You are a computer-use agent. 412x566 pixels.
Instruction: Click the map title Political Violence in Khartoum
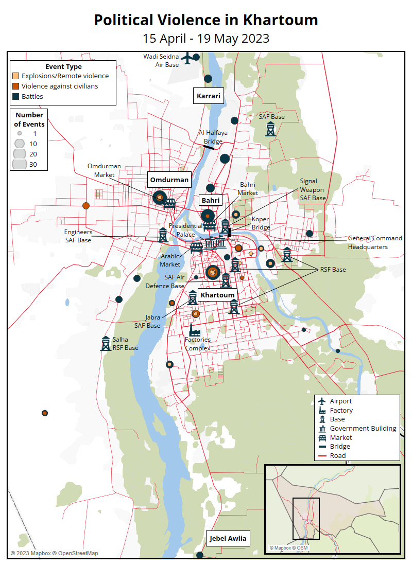coord(205,20)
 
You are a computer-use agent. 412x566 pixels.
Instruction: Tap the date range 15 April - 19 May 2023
coord(205,39)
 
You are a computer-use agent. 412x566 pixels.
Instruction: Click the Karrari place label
coord(209,96)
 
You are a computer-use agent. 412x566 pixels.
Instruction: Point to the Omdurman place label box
coord(169,180)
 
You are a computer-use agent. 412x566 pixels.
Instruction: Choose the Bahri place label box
coord(210,200)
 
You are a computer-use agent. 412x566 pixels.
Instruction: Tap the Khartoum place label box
coord(217,295)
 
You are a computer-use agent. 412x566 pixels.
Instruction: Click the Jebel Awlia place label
coord(228,539)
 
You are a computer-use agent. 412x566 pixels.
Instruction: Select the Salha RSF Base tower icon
coord(106,344)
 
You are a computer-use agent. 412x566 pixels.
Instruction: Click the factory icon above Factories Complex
coord(194,329)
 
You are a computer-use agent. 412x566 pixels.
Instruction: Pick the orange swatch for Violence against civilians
coord(16,86)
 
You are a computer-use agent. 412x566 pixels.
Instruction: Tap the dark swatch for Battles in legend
coord(16,97)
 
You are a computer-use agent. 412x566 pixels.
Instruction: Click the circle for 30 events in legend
coord(20,164)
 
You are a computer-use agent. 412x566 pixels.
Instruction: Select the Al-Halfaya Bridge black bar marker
coord(208,147)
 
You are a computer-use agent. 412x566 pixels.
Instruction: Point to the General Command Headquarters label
coord(374,242)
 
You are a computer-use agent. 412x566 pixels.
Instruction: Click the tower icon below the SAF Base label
coord(270,129)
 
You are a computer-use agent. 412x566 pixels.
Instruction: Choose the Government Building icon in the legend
coord(322,429)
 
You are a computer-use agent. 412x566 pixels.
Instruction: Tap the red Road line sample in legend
coord(322,456)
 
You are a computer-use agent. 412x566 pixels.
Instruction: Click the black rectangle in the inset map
coord(306,518)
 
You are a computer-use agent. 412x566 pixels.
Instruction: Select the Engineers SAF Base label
coord(78,236)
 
